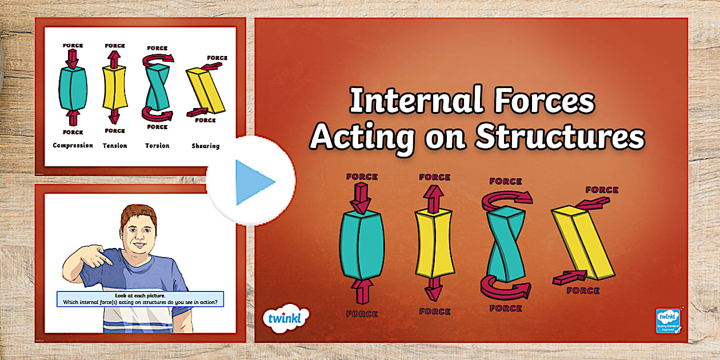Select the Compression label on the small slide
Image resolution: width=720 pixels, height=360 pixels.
(x=73, y=146)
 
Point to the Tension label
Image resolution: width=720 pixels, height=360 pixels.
(x=114, y=146)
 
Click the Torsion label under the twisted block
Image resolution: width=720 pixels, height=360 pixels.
(x=157, y=146)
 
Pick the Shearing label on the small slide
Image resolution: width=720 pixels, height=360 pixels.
(x=205, y=146)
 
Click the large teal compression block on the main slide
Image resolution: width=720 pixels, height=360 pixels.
(x=361, y=245)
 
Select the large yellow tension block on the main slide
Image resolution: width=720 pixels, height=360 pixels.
(x=434, y=243)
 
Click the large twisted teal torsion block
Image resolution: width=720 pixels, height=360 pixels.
(x=505, y=243)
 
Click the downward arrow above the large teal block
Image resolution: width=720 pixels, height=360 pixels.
(x=361, y=197)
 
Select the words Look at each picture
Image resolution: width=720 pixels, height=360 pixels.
(x=140, y=295)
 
